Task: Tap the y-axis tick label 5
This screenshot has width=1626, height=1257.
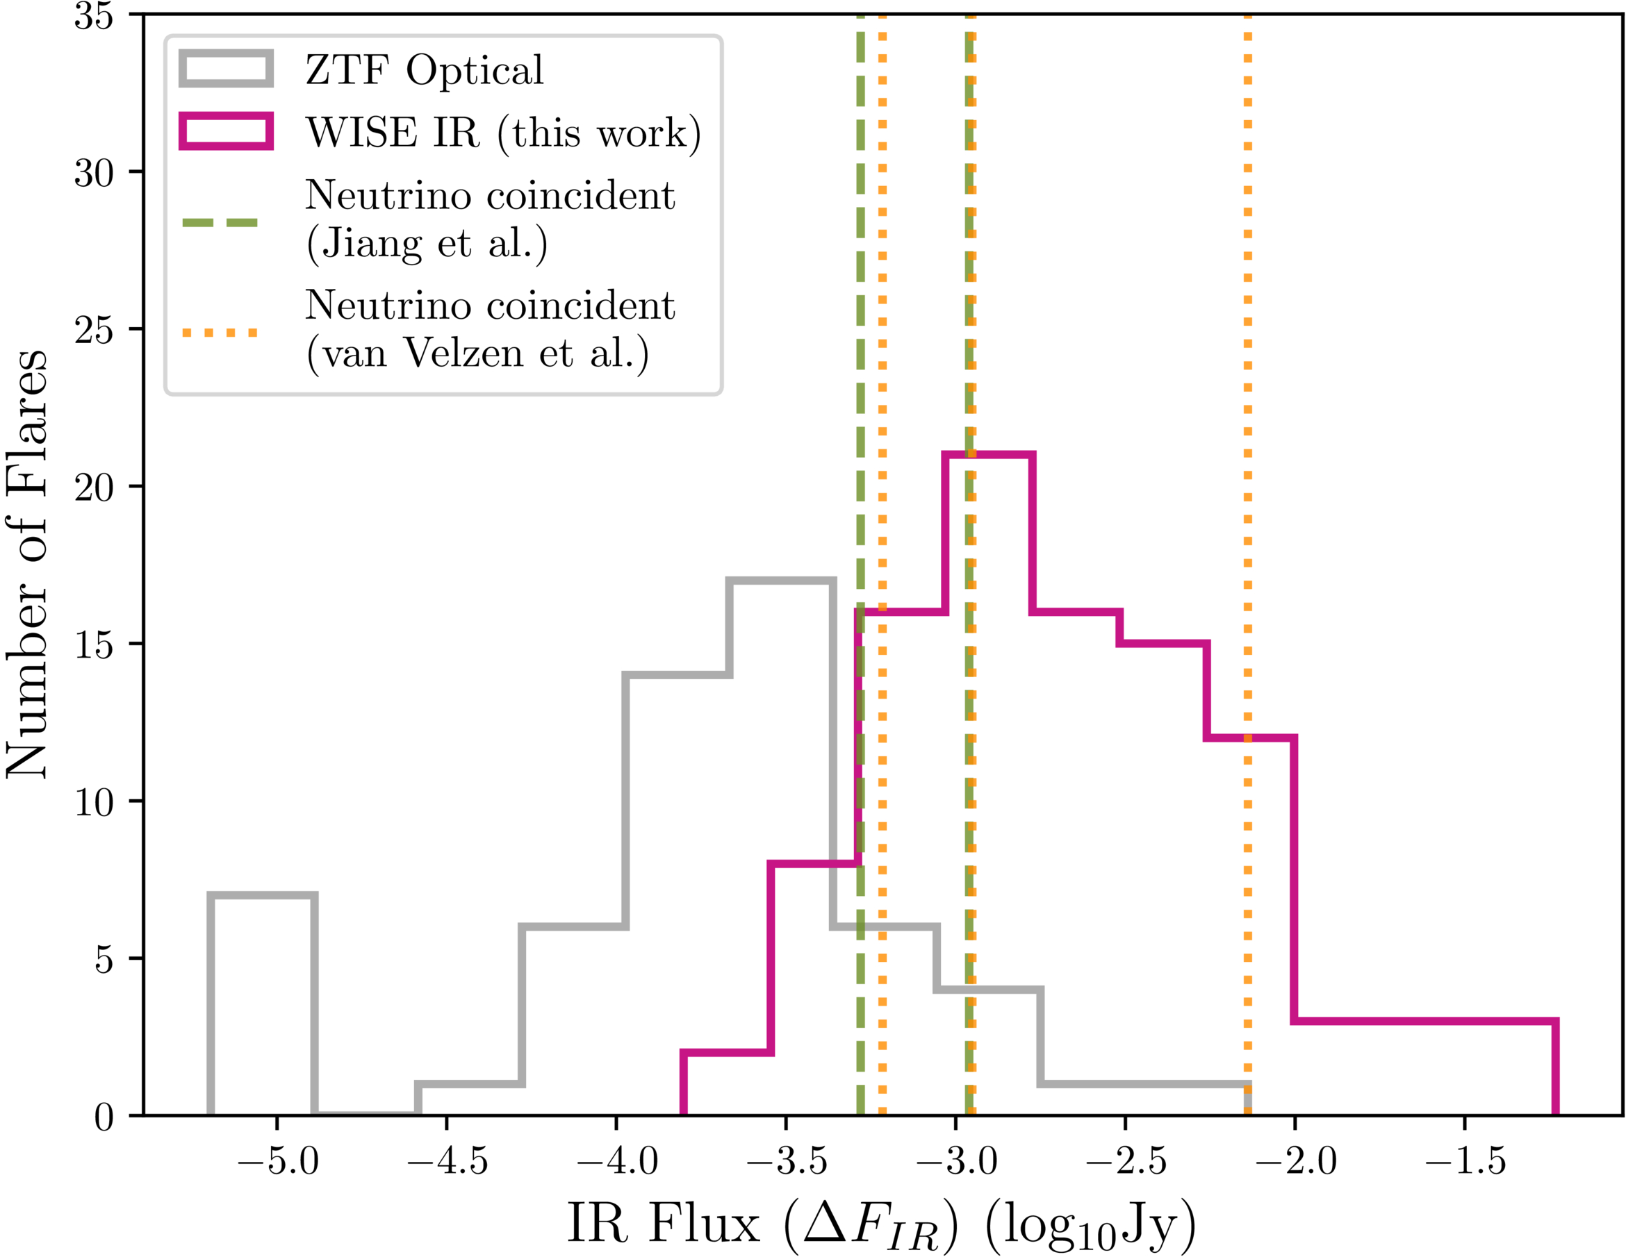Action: pos(104,958)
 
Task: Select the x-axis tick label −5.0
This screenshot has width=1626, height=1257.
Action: pos(277,1162)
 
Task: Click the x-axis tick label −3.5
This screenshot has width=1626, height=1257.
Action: pos(786,1162)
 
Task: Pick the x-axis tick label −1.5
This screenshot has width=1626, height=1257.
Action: pos(1465,1162)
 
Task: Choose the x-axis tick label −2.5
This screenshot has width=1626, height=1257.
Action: pos(1126,1162)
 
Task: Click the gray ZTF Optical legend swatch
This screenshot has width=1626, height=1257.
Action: pos(226,69)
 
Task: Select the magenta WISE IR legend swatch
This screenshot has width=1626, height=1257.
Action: pos(226,131)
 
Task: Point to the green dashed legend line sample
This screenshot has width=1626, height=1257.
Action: pos(220,222)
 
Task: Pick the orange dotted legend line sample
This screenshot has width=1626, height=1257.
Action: pos(220,332)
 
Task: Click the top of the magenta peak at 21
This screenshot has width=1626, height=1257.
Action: pos(989,455)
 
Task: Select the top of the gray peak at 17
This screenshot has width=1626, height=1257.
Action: pos(781,581)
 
